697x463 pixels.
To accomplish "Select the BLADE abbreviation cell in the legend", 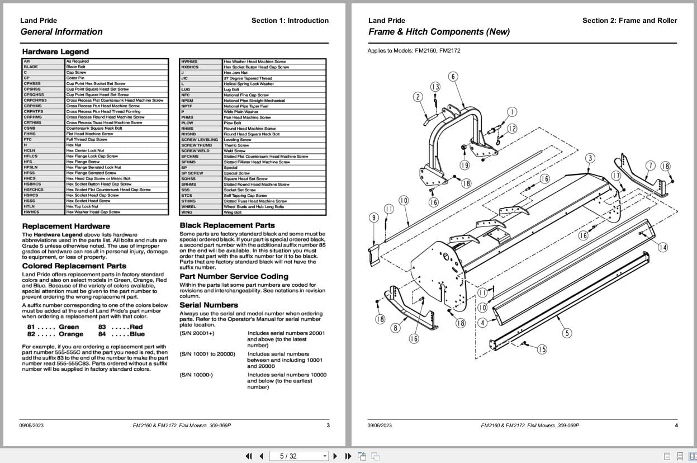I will coord(31,67).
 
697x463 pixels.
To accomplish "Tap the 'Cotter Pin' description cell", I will coord(75,78).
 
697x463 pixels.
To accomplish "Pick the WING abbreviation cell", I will coord(187,212).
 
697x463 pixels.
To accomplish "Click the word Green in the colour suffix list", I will coord(69,327).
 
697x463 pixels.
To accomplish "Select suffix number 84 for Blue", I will coord(102,334).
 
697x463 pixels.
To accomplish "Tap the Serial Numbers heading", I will coord(208,305).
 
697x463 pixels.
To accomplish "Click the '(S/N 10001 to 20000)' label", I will coord(207,354).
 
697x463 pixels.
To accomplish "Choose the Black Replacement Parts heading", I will coord(227,226).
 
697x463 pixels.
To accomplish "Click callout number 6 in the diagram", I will coord(453,77).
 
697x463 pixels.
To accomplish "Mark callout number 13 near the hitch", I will coord(435,87).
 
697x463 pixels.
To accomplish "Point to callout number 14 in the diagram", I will coord(662,248).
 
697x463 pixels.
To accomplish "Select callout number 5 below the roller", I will coord(567,333).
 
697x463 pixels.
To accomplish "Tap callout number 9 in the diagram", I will coord(374,218).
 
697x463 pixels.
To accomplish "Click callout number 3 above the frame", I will coord(590,158).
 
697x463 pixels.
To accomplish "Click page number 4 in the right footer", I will coord(676,426).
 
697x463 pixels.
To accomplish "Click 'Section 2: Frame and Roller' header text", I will coord(629,21).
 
